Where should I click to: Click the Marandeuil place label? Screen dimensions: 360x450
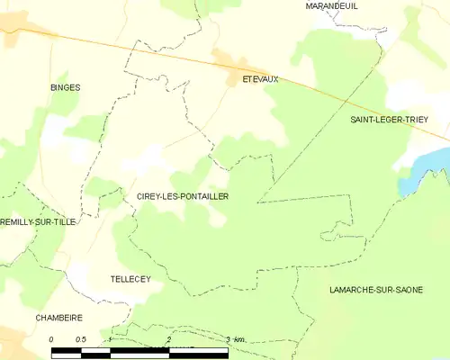pyautogui.click(x=333, y=5)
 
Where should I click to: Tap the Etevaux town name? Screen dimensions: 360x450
pyautogui.click(x=260, y=79)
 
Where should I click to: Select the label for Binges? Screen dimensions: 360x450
pyautogui.click(x=65, y=87)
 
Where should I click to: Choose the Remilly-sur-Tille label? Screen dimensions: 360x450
pyautogui.click(x=37, y=221)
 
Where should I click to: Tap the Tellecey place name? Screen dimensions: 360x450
pyautogui.click(x=130, y=279)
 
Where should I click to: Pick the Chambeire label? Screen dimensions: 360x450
pyautogui.click(x=58, y=318)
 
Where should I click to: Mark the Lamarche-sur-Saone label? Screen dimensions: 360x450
pyautogui.click(x=389, y=289)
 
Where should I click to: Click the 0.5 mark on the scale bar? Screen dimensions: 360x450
pyautogui.click(x=81, y=339)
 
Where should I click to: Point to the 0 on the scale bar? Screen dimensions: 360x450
pyautogui.click(x=52, y=339)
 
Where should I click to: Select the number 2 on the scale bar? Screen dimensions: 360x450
pyautogui.click(x=169, y=339)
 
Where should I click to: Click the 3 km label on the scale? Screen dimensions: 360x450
pyautogui.click(x=236, y=339)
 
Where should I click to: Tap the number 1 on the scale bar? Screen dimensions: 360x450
pyautogui.click(x=110, y=339)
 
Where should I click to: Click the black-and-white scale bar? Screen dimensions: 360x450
pyautogui.click(x=139, y=351)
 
